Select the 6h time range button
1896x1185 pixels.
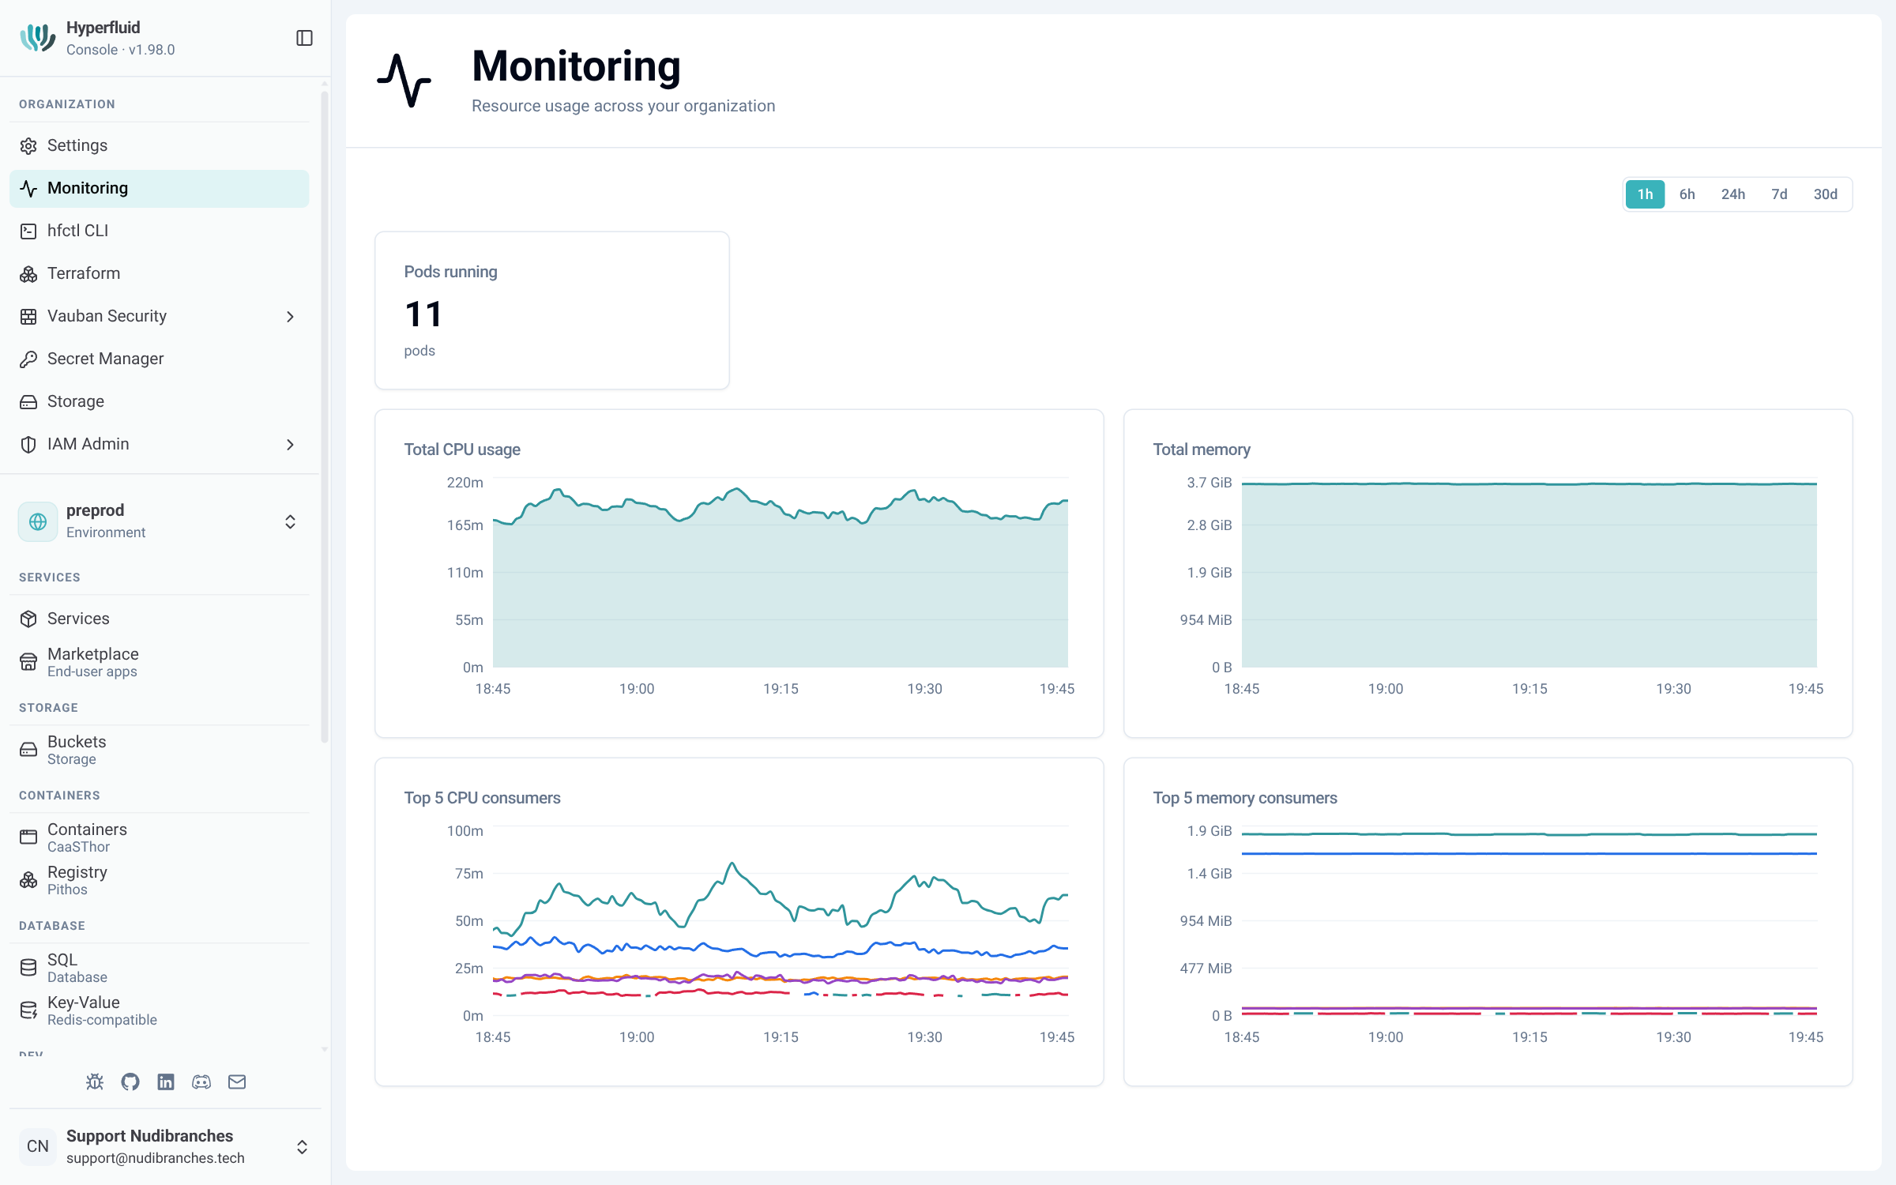pos(1687,194)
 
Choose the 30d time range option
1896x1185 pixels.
pos(1825,194)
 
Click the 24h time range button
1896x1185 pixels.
pos(1732,194)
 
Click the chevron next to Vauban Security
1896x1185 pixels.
pos(290,317)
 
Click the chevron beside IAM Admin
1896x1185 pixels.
pos(290,445)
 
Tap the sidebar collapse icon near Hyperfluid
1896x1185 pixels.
pos(304,38)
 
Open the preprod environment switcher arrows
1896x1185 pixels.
pos(290,521)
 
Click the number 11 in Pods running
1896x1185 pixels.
pos(423,314)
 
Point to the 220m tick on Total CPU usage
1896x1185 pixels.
pos(465,483)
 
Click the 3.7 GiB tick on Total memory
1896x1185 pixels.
pos(1209,483)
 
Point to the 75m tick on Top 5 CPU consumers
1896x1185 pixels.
pos(468,874)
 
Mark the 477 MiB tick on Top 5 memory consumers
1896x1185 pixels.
pos(1206,969)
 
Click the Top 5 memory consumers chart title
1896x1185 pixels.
pos(1245,798)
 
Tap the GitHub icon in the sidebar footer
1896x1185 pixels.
pos(130,1082)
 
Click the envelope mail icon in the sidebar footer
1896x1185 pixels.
pos(237,1082)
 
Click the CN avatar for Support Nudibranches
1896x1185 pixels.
pos(38,1146)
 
